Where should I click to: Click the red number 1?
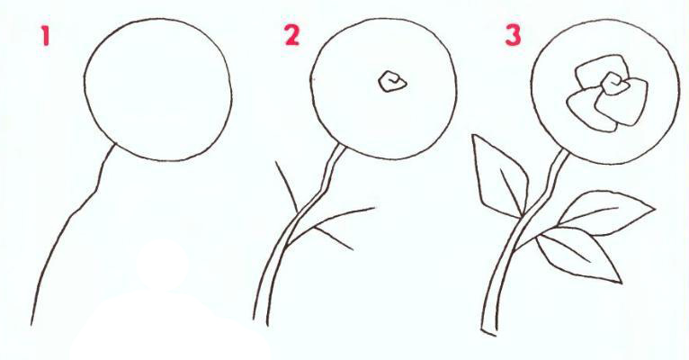(45, 35)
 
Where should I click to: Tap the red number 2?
(291, 35)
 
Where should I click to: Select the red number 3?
(513, 35)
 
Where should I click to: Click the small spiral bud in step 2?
(392, 82)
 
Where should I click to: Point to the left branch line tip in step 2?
(276, 162)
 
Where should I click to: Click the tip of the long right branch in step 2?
(375, 208)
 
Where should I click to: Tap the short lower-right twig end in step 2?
(353, 249)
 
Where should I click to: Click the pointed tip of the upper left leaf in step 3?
(473, 135)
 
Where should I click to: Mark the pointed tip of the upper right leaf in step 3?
(655, 208)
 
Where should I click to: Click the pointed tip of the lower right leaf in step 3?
(622, 283)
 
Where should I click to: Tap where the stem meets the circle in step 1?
(115, 146)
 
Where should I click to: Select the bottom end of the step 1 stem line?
(31, 325)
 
